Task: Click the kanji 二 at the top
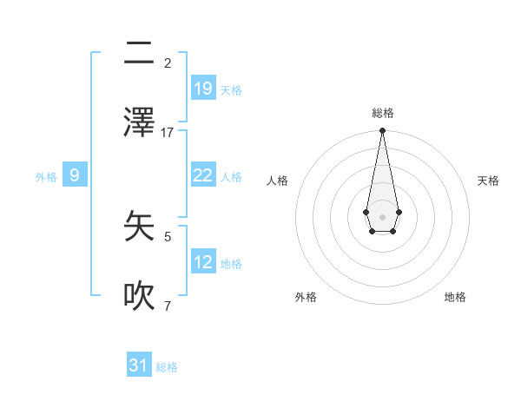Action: pyautogui.click(x=139, y=54)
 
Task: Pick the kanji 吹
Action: pyautogui.click(x=139, y=295)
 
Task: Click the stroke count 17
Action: pyautogui.click(x=168, y=133)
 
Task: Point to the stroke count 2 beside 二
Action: pyautogui.click(x=168, y=63)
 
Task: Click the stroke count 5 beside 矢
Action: pyautogui.click(x=168, y=236)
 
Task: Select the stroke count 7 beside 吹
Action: pyautogui.click(x=168, y=306)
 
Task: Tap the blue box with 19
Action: pyautogui.click(x=202, y=89)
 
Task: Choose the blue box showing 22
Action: pyautogui.click(x=202, y=175)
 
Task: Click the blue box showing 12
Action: pyautogui.click(x=202, y=262)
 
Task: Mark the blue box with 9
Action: pyautogui.click(x=75, y=175)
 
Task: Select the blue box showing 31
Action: pyautogui.click(x=139, y=365)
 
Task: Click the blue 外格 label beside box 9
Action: pyautogui.click(x=46, y=177)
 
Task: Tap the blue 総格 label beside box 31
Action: pyautogui.click(x=167, y=367)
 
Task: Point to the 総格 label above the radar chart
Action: pyautogui.click(x=382, y=113)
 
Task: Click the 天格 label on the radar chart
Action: pyautogui.click(x=488, y=181)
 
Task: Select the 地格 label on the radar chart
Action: pyautogui.click(x=455, y=297)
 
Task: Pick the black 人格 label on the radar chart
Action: pyautogui.click(x=278, y=181)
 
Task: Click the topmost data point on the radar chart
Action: pyautogui.click(x=382, y=131)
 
